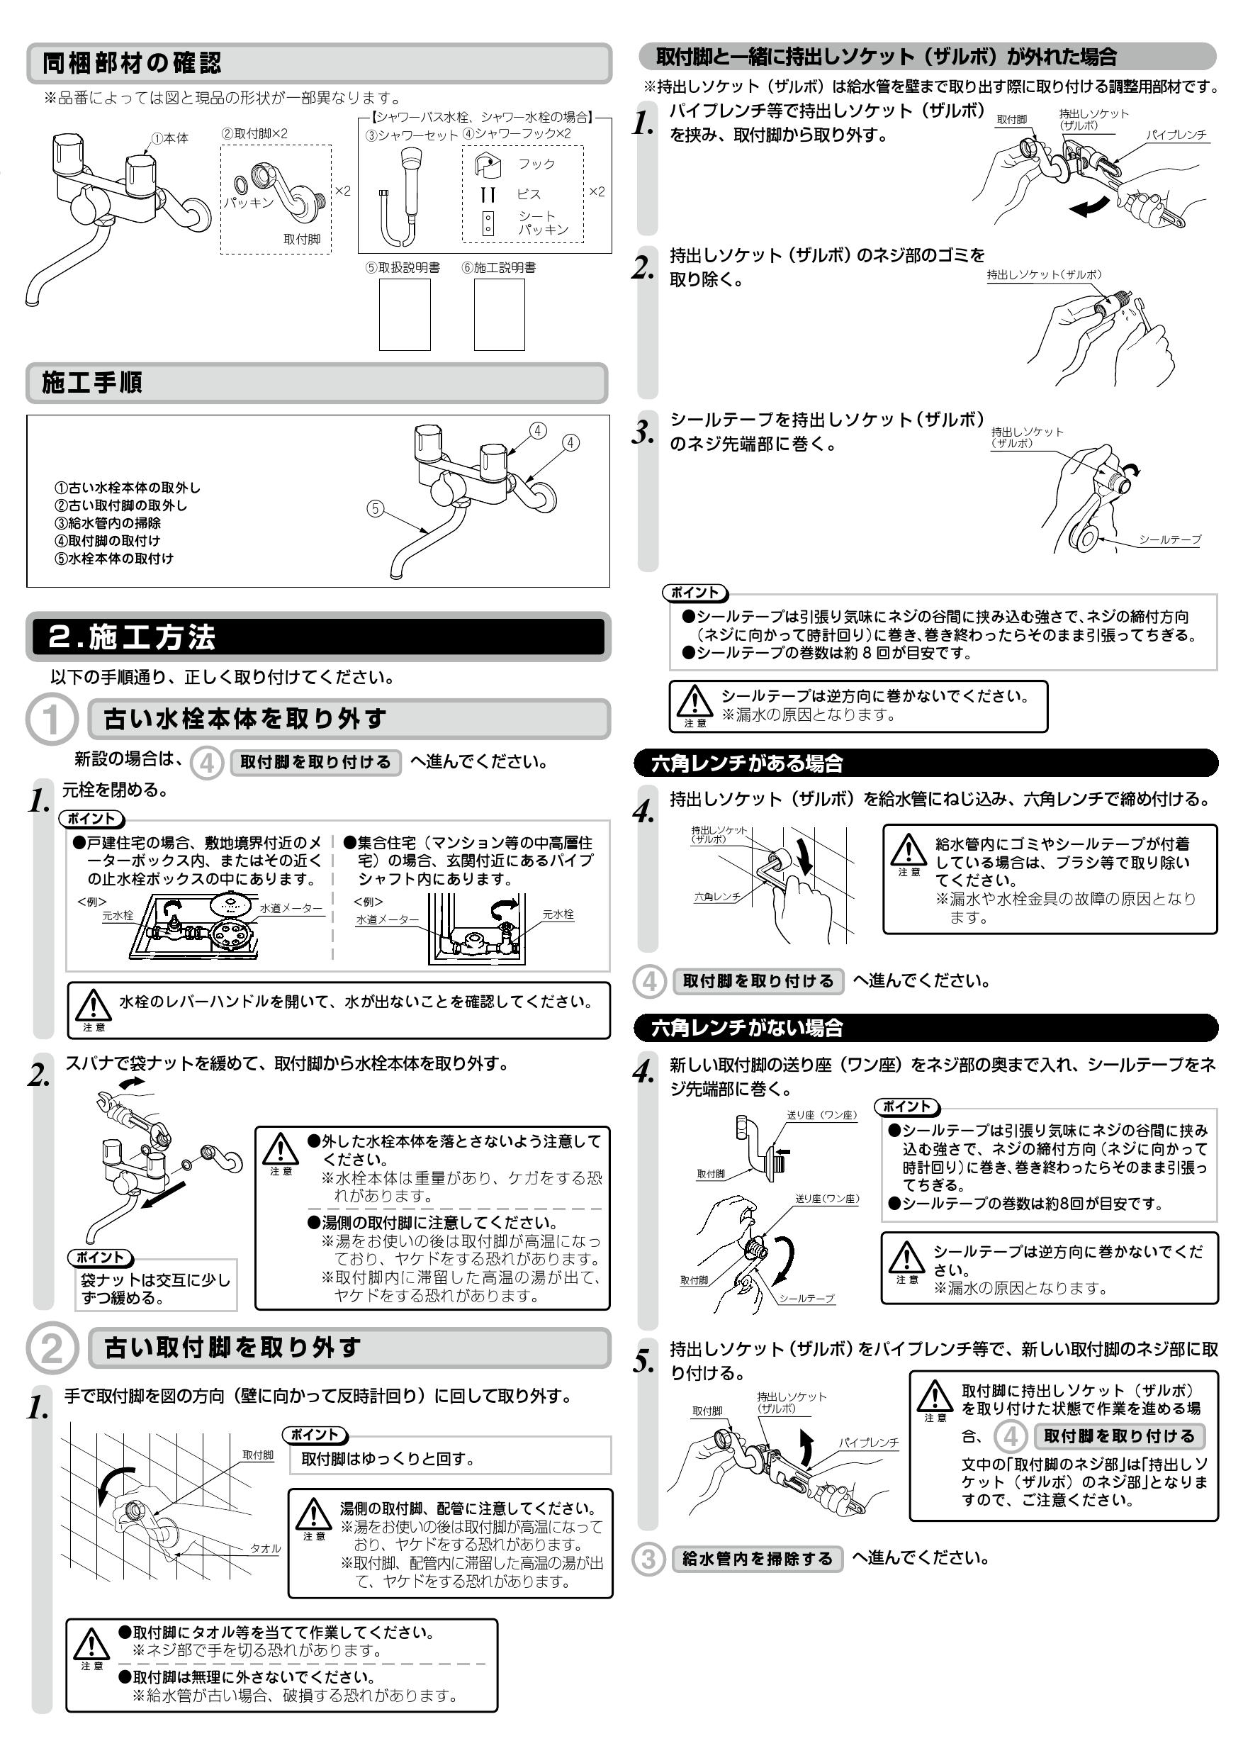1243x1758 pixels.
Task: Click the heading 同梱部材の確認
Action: click(132, 63)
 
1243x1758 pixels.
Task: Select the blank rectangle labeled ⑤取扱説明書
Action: click(404, 315)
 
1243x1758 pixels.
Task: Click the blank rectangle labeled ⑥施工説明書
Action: click(499, 315)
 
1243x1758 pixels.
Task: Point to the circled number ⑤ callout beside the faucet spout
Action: click(374, 508)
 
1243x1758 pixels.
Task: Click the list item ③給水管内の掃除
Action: click(107, 523)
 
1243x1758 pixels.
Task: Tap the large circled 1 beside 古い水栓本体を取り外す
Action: click(51, 720)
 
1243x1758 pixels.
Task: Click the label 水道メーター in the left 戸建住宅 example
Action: click(290, 908)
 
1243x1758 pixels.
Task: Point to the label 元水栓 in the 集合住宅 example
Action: click(558, 914)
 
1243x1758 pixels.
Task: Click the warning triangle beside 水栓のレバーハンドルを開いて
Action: click(94, 1004)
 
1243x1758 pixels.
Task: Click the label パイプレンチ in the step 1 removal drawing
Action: click(1176, 135)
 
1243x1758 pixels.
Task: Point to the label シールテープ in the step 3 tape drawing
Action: click(1169, 539)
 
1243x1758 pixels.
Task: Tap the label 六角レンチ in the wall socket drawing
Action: click(716, 897)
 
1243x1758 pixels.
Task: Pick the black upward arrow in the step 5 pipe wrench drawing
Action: click(805, 1446)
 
